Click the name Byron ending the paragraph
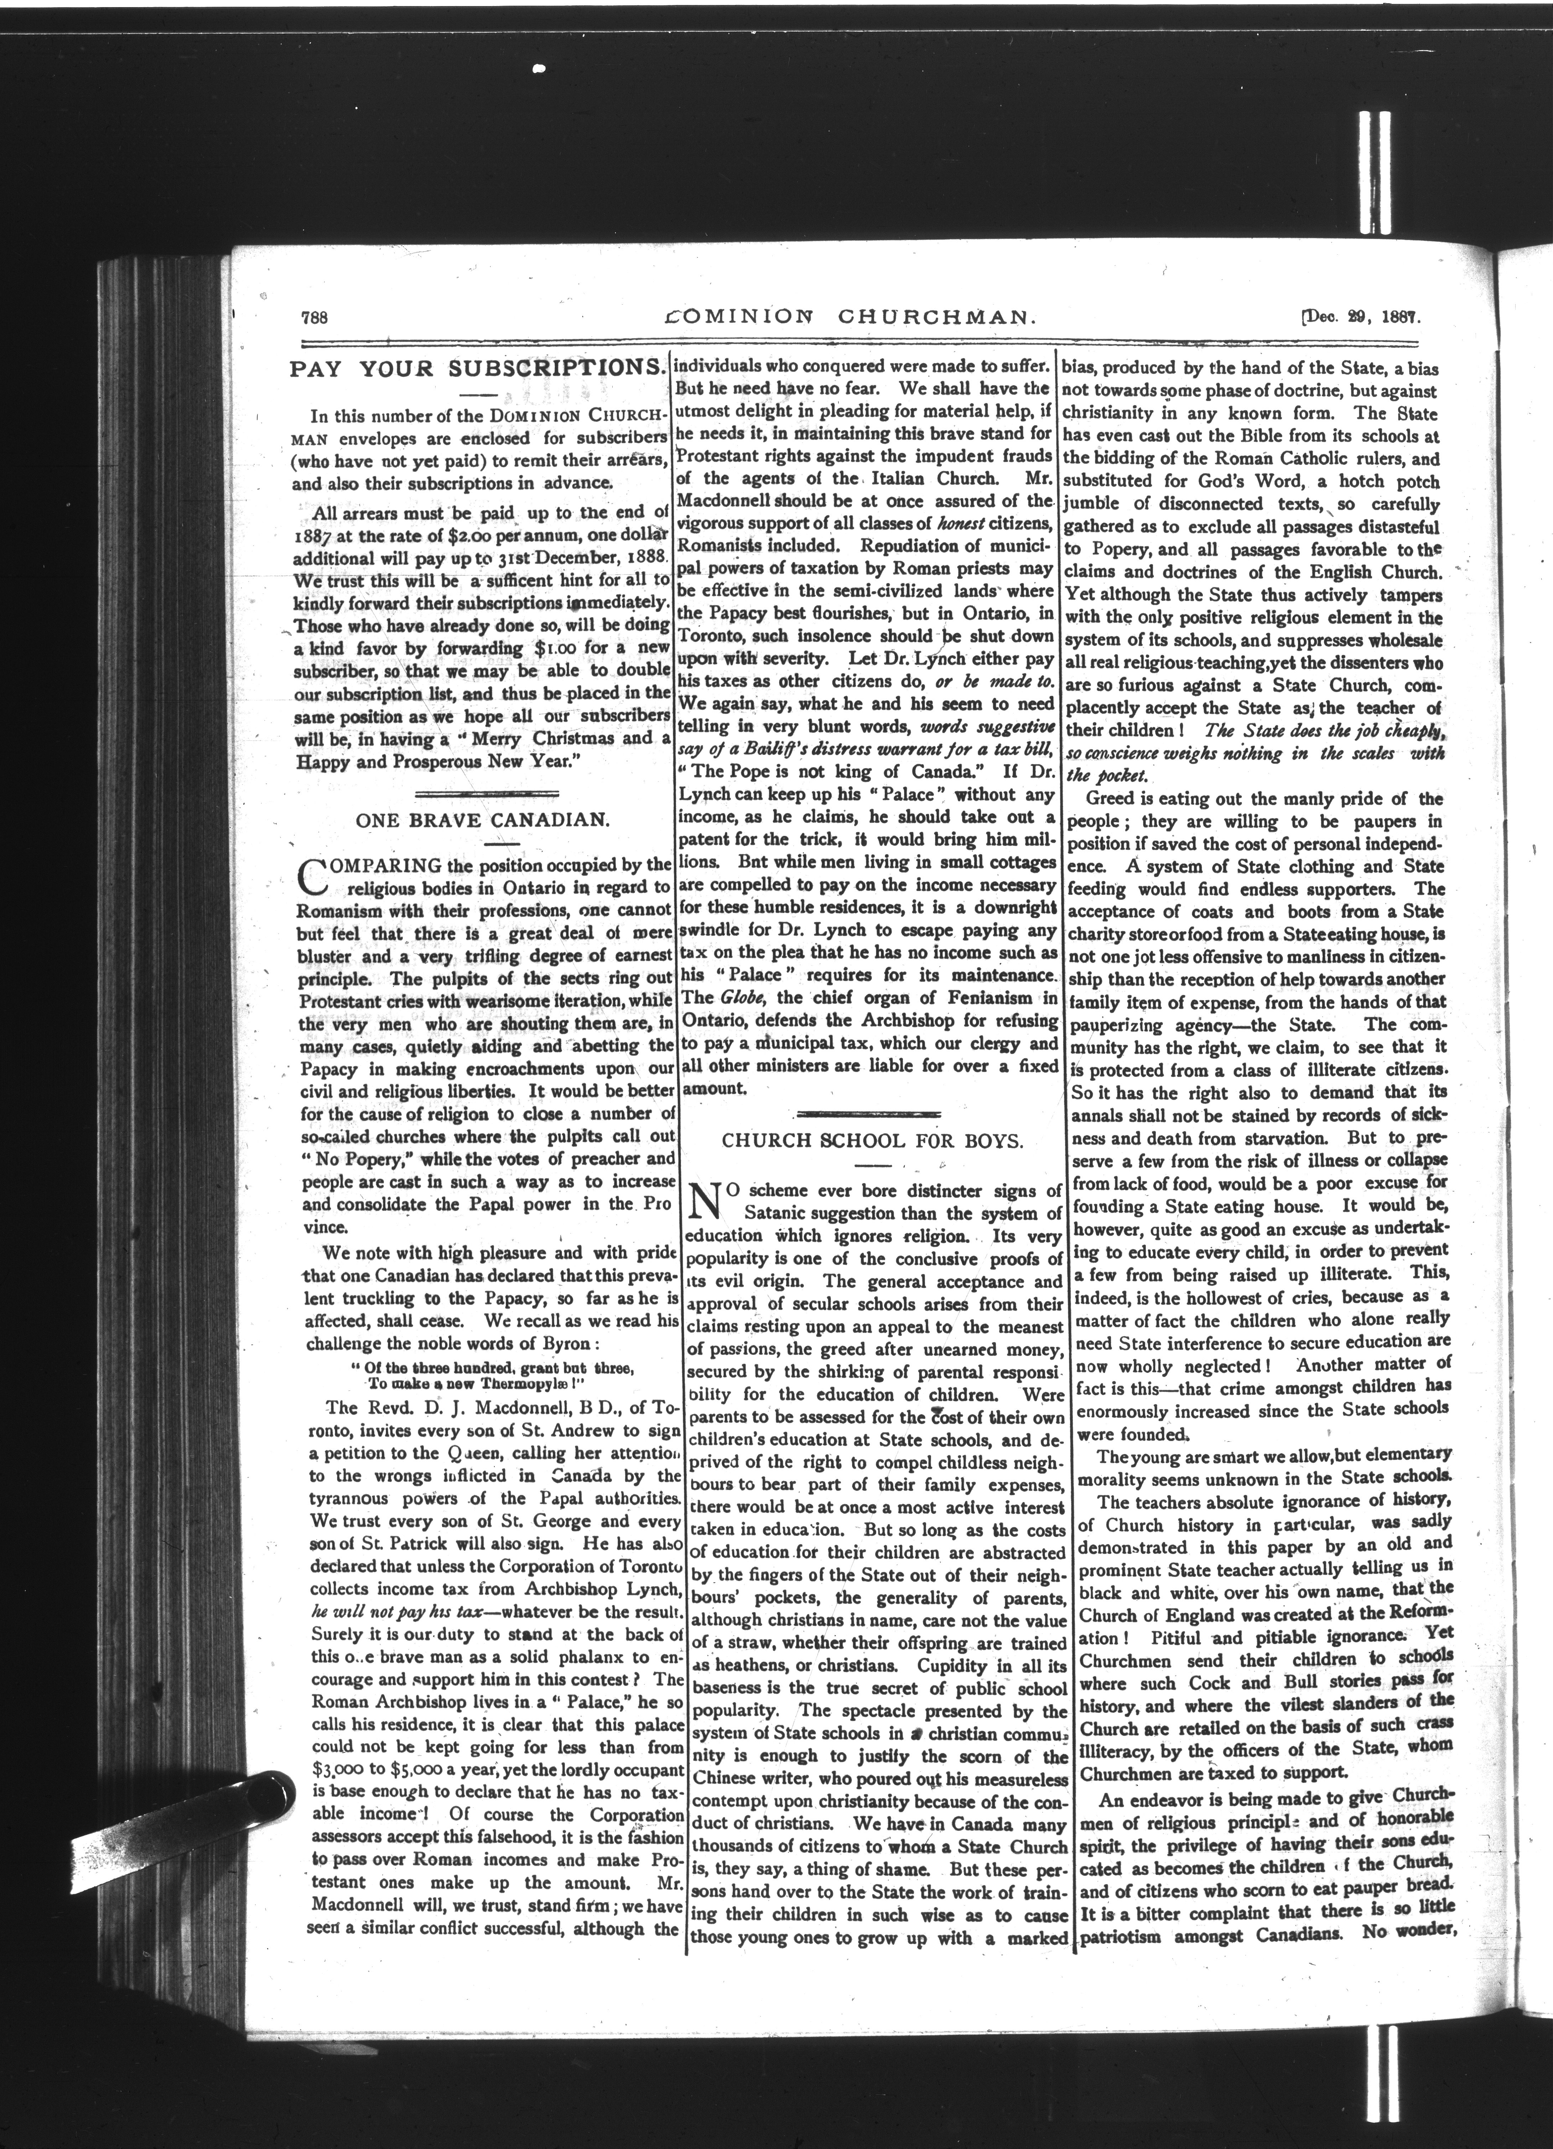[597, 1343]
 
